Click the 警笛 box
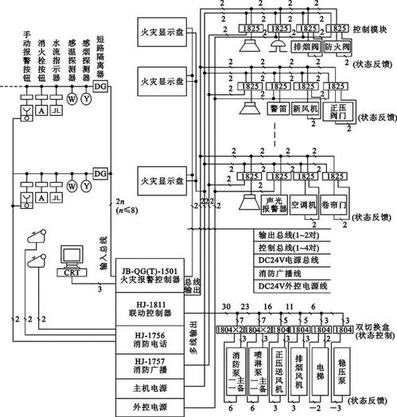click(277, 106)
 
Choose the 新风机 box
click(306, 106)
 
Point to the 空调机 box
click(306, 204)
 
